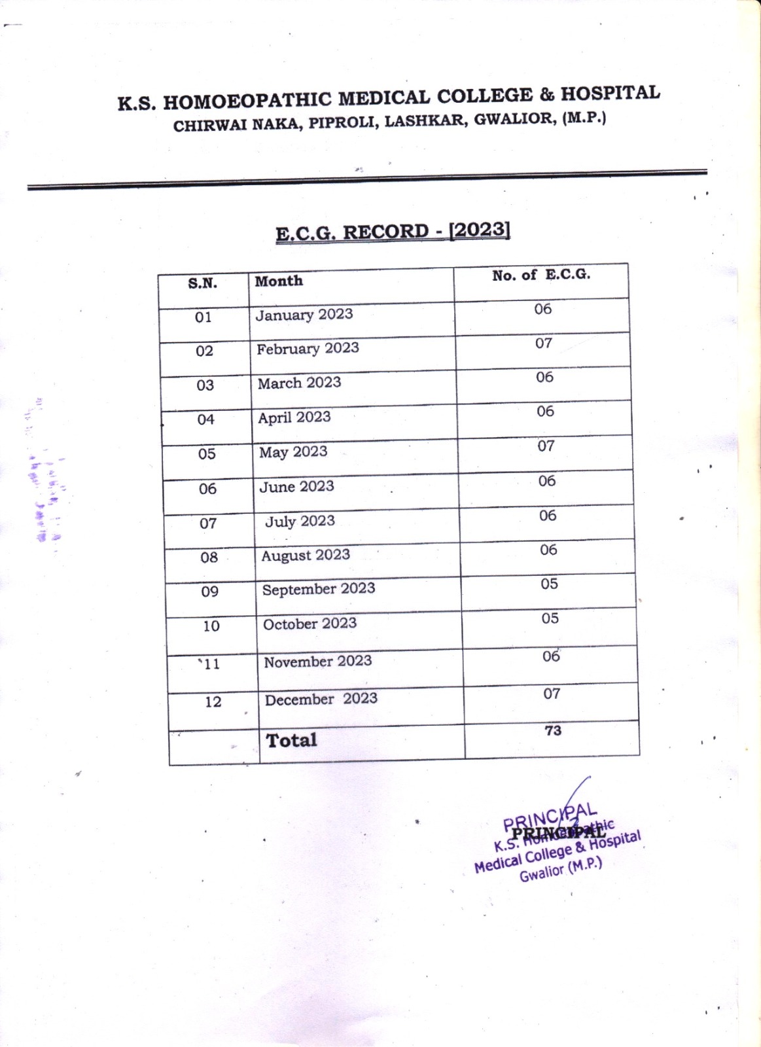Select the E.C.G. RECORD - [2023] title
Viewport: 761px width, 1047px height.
393,232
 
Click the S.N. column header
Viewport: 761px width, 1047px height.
203,283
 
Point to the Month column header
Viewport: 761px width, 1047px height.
279,281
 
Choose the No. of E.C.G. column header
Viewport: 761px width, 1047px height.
541,275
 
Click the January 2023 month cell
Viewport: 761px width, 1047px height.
304,315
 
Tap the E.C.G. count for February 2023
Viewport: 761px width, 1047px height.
544,343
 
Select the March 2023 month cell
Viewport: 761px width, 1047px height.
299,383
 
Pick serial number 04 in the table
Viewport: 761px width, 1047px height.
206,419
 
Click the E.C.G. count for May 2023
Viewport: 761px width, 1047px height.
546,446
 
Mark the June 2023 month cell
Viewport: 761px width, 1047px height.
296,487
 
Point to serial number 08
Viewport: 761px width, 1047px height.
209,558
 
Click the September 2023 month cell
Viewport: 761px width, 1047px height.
319,589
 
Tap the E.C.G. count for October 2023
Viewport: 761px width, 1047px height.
550,618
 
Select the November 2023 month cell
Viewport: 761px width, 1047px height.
318,662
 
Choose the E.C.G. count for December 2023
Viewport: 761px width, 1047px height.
552,694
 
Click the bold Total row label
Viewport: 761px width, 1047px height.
291,740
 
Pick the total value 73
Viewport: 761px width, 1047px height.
553,731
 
